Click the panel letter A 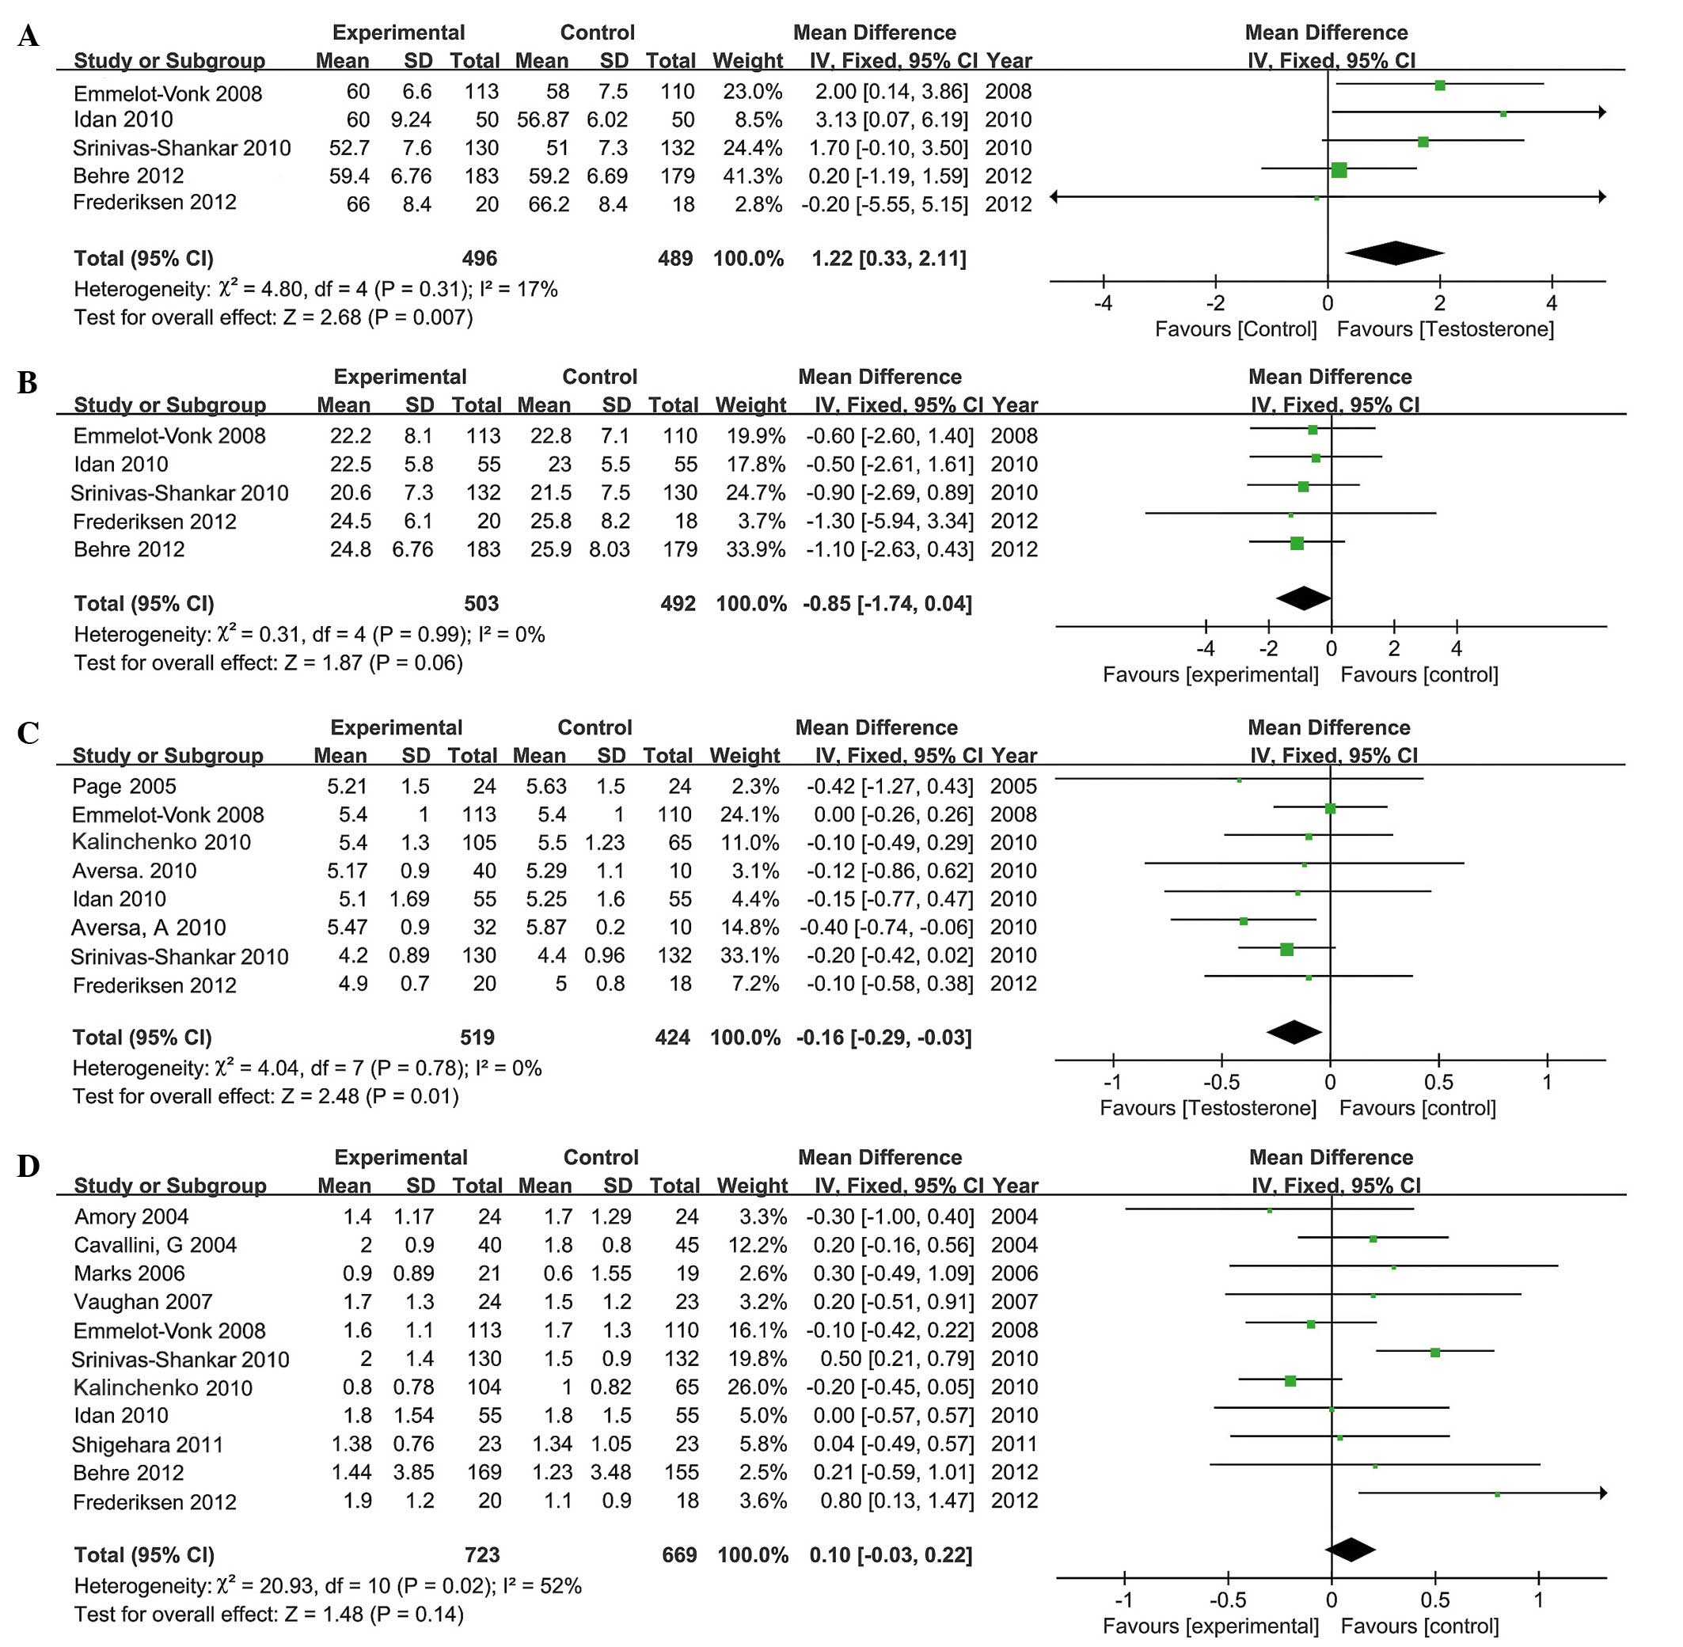tap(28, 36)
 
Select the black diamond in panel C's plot tap(1294, 1032)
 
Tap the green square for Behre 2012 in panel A tap(1339, 169)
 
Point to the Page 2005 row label tap(123, 787)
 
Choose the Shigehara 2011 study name tap(147, 1444)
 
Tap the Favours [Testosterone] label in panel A tap(1445, 328)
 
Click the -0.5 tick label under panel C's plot tap(1221, 1082)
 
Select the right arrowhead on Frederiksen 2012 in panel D tap(1602, 1493)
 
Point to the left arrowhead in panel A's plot tap(1054, 197)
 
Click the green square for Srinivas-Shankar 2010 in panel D tap(1434, 1352)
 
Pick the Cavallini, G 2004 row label tap(155, 1245)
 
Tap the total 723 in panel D tap(482, 1554)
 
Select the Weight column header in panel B tap(750, 405)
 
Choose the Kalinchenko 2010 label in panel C tap(161, 843)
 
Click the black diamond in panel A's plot tap(1394, 252)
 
